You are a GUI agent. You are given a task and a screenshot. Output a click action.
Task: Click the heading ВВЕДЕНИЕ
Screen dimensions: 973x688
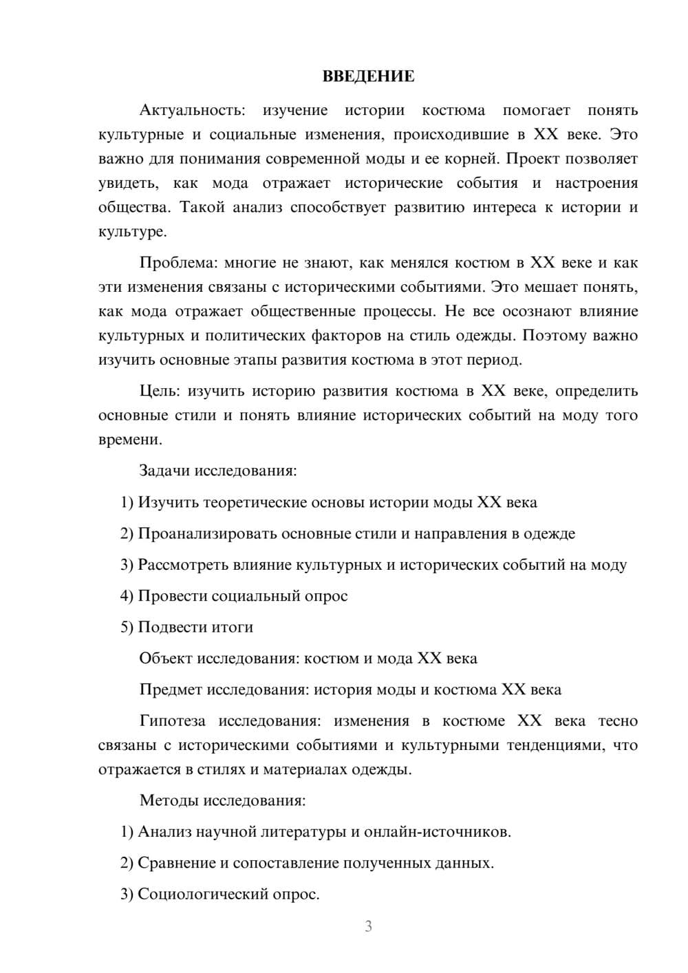click(x=368, y=76)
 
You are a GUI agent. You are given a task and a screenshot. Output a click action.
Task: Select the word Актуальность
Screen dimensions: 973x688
click(x=191, y=110)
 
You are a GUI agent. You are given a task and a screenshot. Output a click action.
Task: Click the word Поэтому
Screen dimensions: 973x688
click(x=552, y=336)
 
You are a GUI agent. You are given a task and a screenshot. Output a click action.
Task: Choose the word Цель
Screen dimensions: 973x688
click(x=159, y=391)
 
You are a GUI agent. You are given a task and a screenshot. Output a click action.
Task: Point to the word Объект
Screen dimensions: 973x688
click(x=166, y=659)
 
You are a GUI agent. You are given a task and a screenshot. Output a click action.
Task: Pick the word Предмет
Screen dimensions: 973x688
click(x=171, y=689)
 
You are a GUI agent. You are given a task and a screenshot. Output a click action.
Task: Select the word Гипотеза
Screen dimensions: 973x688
click(x=172, y=721)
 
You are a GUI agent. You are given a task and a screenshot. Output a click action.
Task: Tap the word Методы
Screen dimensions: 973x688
click(x=167, y=800)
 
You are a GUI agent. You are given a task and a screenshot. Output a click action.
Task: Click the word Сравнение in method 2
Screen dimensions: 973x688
click(x=177, y=863)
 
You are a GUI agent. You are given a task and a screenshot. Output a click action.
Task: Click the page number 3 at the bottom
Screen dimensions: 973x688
click(x=368, y=927)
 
